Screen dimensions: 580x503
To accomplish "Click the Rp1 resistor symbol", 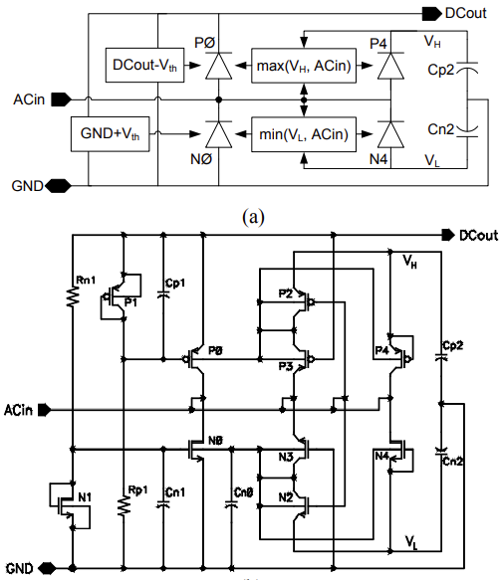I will coord(124,504).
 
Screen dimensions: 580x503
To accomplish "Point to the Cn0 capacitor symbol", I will coord(233,504).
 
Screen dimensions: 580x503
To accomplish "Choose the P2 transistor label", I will coord(287,294).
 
